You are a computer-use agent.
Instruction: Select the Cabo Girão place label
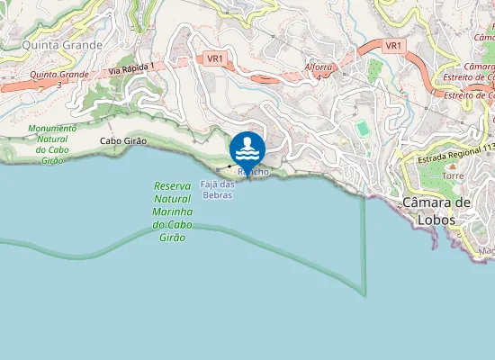[x=123, y=141]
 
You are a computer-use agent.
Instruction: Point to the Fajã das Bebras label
[x=217, y=189]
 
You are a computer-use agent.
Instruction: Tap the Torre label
[x=453, y=176]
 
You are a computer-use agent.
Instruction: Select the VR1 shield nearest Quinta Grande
[x=215, y=58]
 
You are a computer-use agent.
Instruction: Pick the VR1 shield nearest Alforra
[x=392, y=45]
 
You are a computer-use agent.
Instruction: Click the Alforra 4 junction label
[x=319, y=71]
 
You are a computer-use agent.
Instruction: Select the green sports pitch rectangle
[x=362, y=130]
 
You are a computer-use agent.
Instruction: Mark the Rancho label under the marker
[x=253, y=171]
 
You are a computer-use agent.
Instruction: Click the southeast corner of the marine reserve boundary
[x=364, y=294]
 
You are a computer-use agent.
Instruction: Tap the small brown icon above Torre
[x=453, y=165]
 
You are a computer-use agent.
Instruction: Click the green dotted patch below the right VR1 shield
[x=375, y=70]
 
